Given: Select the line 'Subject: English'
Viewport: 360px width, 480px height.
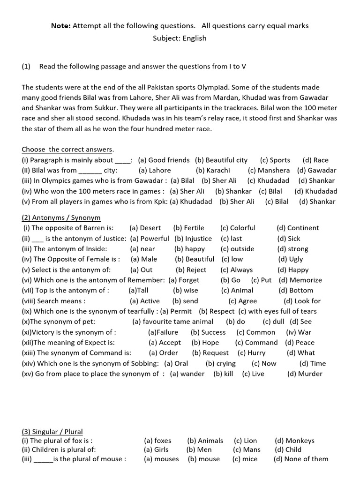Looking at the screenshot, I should coord(180,38).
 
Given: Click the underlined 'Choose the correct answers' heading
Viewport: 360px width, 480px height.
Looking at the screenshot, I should coord(67,150).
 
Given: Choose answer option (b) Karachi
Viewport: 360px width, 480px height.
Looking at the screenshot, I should coord(213,171).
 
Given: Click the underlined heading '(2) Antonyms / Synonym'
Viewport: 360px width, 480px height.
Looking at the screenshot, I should coord(61,218).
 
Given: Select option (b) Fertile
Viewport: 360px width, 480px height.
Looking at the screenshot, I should coord(188,228).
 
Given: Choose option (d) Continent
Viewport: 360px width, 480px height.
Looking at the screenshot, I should coord(298,228).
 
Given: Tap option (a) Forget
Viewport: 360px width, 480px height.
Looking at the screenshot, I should coord(184,280).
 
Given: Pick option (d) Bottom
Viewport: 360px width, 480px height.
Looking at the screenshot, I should coord(295,291).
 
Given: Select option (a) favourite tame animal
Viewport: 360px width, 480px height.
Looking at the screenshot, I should coord(172,322).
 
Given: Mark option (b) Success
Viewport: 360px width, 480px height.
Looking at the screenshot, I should coord(208,332).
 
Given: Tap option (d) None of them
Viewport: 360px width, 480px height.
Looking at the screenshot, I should coord(301,459).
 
